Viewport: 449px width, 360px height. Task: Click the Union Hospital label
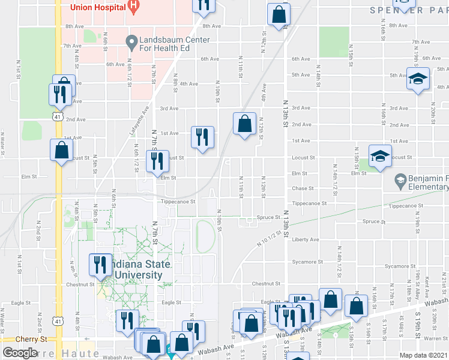click(x=98, y=7)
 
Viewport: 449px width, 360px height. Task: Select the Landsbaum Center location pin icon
click(x=131, y=41)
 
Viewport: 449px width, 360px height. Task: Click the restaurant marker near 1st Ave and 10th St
click(x=202, y=137)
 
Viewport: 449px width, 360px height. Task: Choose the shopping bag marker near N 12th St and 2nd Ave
click(x=244, y=124)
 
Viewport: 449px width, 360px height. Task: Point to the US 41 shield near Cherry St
click(x=58, y=322)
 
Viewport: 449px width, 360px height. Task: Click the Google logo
click(x=19, y=353)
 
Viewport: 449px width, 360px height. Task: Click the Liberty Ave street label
click(x=306, y=239)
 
